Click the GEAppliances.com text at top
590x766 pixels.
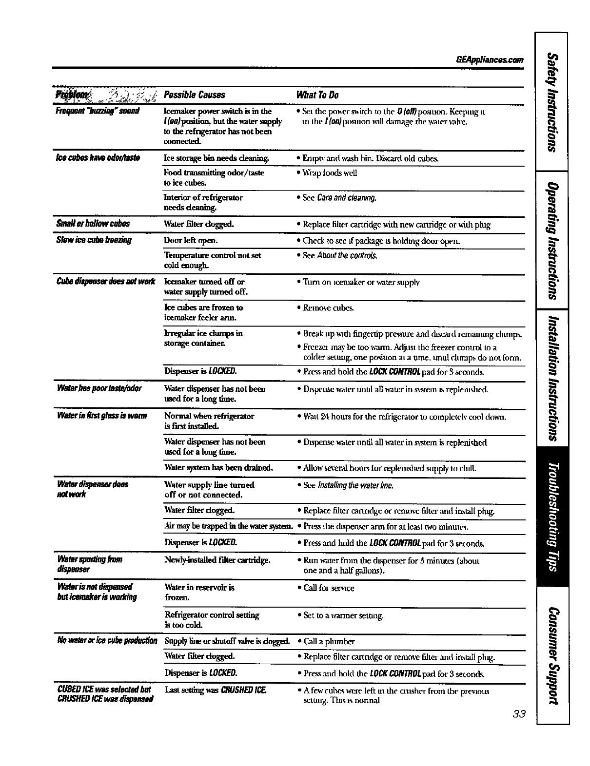pyautogui.click(x=489, y=60)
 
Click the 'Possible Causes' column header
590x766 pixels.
pyautogui.click(x=195, y=95)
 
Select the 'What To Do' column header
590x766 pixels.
pyautogui.click(x=317, y=95)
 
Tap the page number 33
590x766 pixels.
pyautogui.click(x=519, y=714)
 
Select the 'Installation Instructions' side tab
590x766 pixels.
pyautogui.click(x=551, y=378)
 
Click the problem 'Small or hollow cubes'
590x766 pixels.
pyautogui.click(x=93, y=224)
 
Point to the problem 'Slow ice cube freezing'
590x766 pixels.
pyautogui.click(x=94, y=240)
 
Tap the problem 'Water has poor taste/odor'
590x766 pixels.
pyautogui.click(x=99, y=388)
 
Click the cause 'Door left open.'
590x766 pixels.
pyautogui.click(x=191, y=240)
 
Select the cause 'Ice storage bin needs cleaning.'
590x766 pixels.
pyautogui.click(x=216, y=158)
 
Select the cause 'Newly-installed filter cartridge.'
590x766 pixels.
pyautogui.click(x=217, y=560)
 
